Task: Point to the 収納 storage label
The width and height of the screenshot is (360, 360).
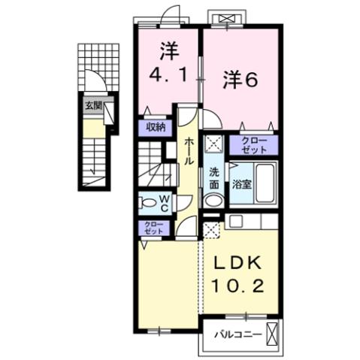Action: (156, 126)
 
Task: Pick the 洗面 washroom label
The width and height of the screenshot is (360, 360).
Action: (214, 175)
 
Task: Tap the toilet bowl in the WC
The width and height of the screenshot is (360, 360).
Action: (149, 201)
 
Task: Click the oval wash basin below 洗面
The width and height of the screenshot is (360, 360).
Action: (213, 201)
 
